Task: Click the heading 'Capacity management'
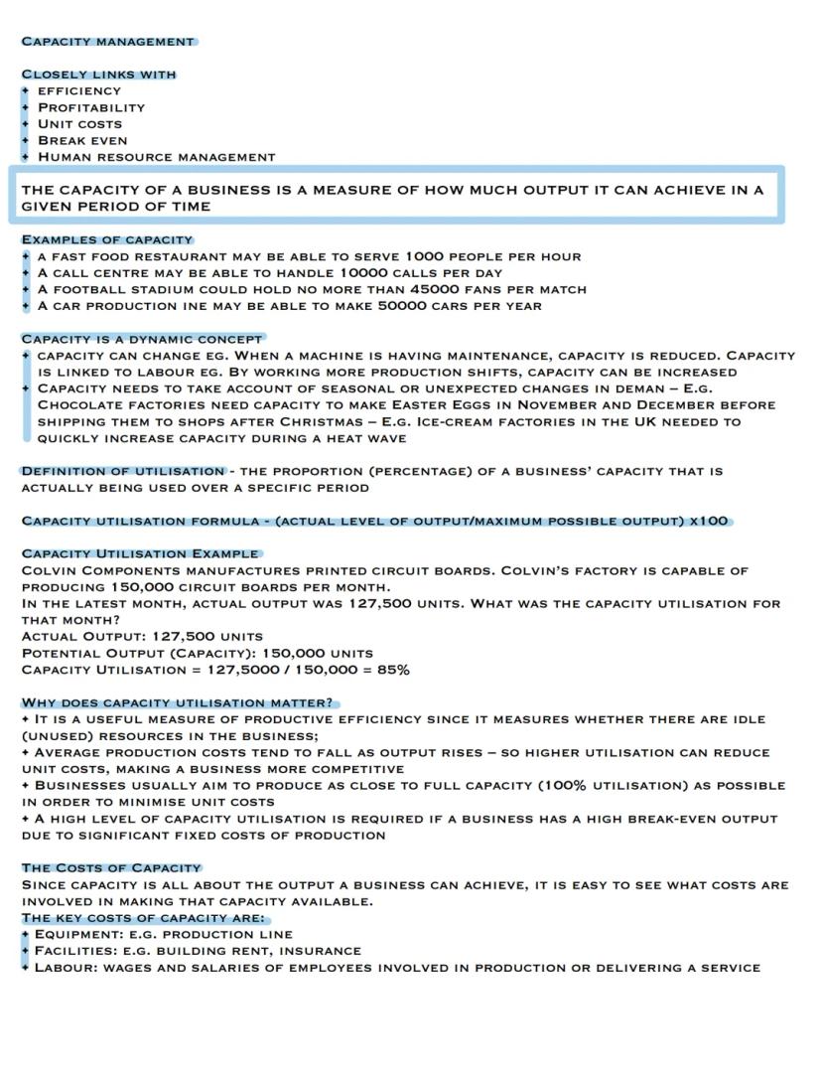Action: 108,42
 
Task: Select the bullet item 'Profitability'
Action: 91,107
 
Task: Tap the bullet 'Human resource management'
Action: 156,157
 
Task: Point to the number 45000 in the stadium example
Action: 433,289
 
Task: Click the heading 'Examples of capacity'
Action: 107,239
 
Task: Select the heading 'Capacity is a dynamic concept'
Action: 142,339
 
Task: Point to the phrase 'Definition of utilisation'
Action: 123,471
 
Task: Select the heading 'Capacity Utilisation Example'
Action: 139,553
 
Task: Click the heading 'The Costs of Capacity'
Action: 111,867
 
